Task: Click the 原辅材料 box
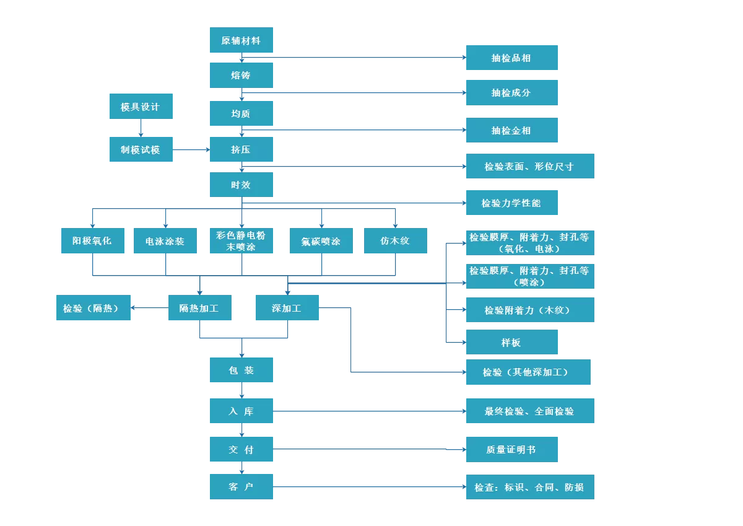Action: [x=241, y=40]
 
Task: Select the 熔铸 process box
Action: [x=241, y=75]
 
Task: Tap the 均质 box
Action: [x=241, y=113]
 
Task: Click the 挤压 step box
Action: [x=241, y=149]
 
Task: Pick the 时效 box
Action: [x=241, y=185]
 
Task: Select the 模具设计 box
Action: [x=141, y=107]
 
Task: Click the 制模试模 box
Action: [x=141, y=149]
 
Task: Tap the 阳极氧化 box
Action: [x=93, y=240]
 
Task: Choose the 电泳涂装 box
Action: [x=165, y=241]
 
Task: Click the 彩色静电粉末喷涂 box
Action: [x=241, y=240]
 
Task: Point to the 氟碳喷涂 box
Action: [x=321, y=241]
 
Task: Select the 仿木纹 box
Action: [x=395, y=240]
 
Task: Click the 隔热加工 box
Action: [x=199, y=308]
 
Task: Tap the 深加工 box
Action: [x=287, y=308]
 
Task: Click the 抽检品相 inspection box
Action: [x=511, y=58]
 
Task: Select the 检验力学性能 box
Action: [x=511, y=203]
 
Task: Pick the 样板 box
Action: [x=511, y=342]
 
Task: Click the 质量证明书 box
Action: [x=511, y=449]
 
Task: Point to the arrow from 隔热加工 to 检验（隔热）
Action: [x=149, y=308]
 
